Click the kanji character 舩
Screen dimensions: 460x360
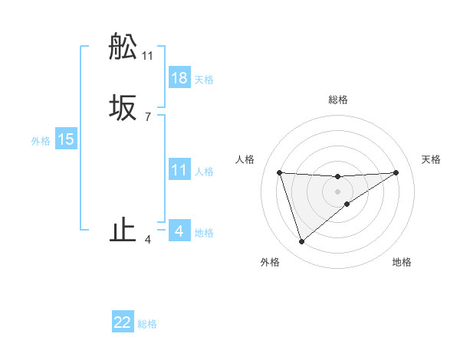[123, 47]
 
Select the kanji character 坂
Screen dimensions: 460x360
[123, 108]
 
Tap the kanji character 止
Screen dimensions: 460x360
[123, 231]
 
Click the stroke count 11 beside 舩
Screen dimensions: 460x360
[147, 56]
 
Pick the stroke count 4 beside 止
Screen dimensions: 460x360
[147, 241]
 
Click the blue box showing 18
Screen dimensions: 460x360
[179, 78]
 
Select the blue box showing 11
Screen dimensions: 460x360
[179, 170]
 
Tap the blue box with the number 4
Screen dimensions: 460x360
[179, 231]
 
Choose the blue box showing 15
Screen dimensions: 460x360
[66, 139]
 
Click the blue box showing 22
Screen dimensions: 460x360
[123, 322]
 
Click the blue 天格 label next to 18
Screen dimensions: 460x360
[204, 80]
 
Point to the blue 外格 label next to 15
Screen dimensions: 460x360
[41, 141]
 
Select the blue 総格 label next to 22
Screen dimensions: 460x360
[147, 324]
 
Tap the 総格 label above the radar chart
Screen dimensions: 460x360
[338, 100]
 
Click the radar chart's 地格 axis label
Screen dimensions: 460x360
[402, 262]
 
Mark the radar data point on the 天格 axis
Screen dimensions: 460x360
[396, 172]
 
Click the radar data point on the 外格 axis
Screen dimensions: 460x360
[301, 242]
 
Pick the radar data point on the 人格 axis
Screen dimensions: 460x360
[279, 172]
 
